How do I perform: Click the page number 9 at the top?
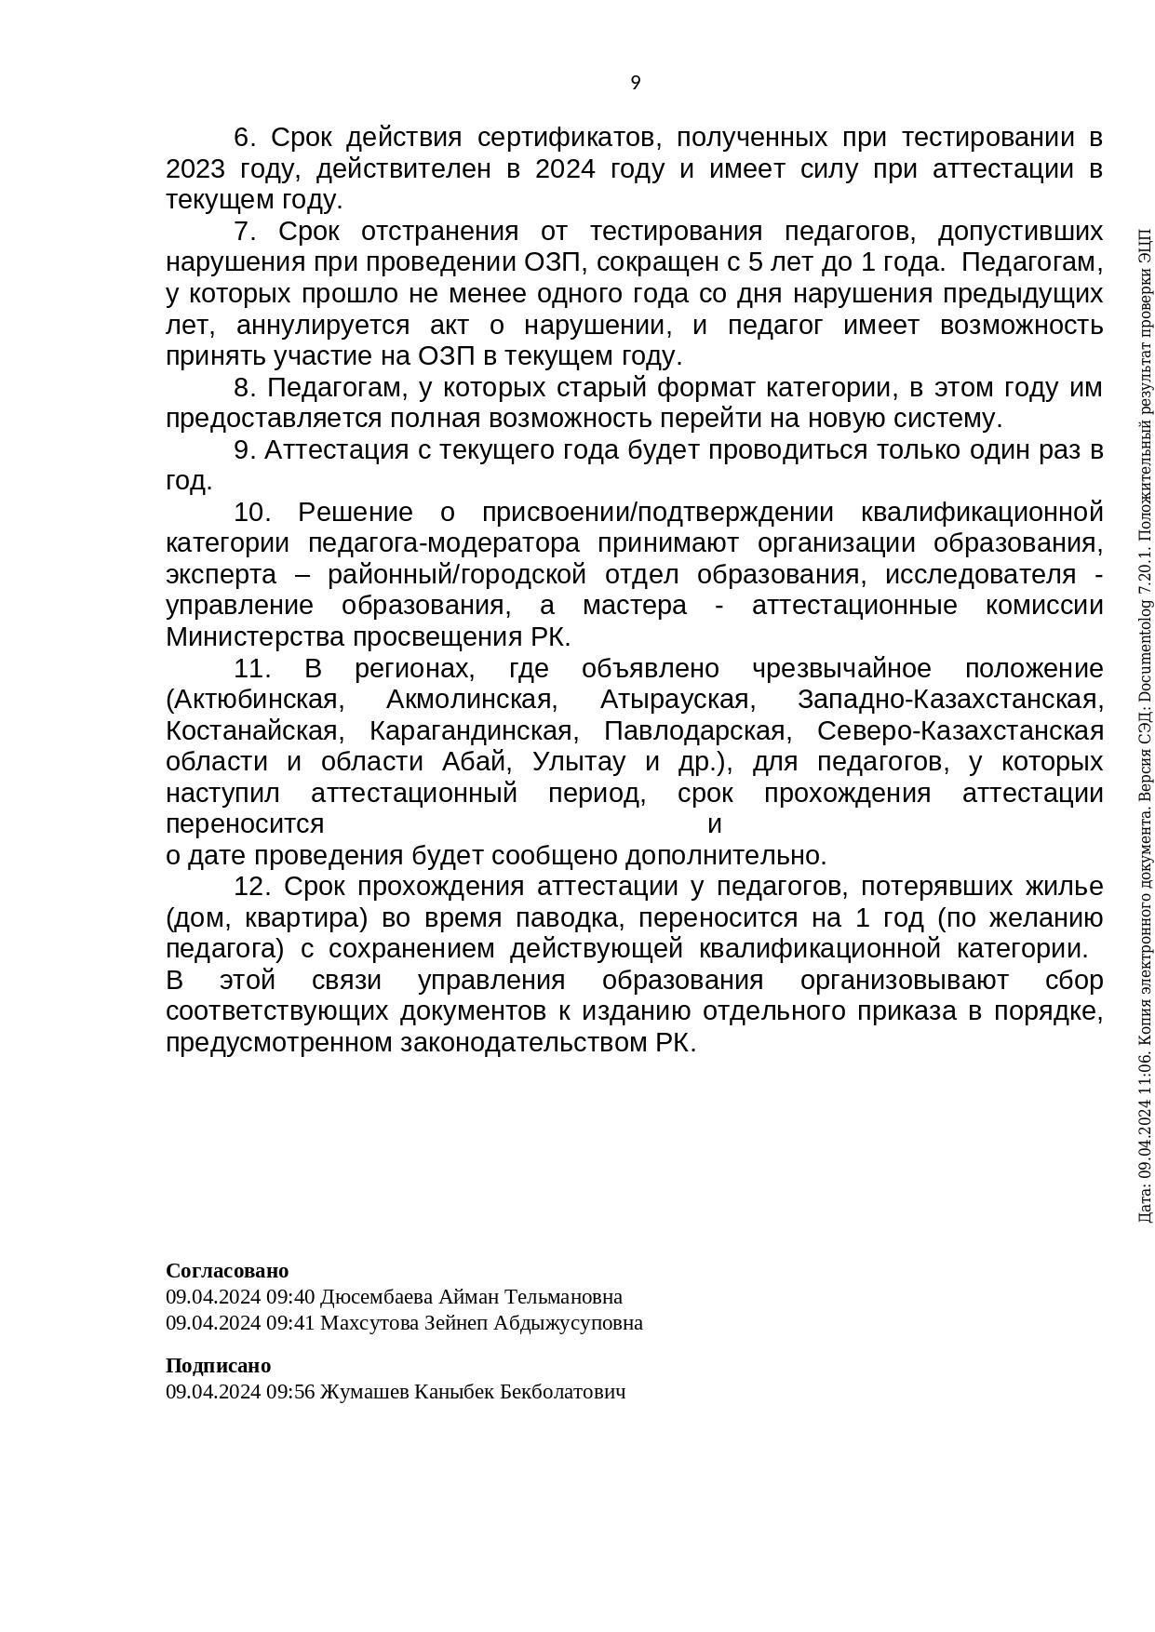(x=636, y=83)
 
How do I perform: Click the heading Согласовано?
(x=227, y=1270)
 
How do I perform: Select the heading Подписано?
(x=218, y=1365)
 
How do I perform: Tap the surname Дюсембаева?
(x=377, y=1296)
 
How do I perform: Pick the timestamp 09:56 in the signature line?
(x=292, y=1391)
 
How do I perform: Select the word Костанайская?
(x=251, y=730)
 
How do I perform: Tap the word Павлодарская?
(x=694, y=730)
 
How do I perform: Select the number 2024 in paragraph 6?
(x=565, y=169)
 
